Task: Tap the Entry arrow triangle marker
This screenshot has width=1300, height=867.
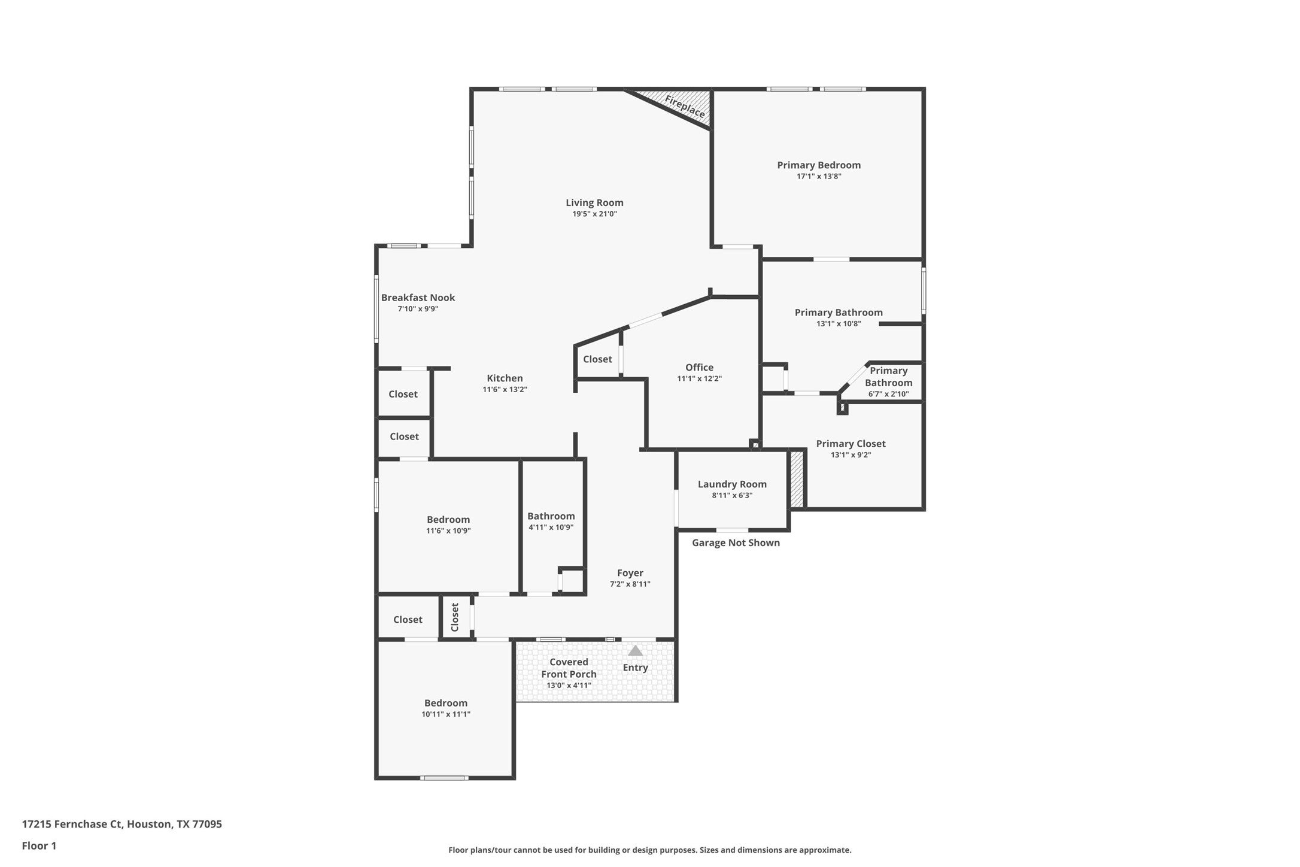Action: coord(635,650)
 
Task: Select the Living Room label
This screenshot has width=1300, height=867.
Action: coord(594,202)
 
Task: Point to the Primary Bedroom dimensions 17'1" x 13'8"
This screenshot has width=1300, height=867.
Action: coord(819,177)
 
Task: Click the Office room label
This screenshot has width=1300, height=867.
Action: coord(699,367)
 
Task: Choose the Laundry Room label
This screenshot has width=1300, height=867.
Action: coord(732,484)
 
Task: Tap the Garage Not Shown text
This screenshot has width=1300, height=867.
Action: coord(736,542)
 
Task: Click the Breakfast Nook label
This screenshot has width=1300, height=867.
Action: coord(418,298)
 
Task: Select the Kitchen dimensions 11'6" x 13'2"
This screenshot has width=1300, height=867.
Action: coord(505,390)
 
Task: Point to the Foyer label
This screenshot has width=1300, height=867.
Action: coord(630,573)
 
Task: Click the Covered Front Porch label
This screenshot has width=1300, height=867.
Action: coord(569,668)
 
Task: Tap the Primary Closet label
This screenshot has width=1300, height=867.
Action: coord(851,444)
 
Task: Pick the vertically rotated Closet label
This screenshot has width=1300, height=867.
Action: coord(454,617)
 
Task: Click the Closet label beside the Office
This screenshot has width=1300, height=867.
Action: coord(597,359)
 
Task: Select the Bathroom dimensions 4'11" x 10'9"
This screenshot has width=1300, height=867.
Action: coord(551,528)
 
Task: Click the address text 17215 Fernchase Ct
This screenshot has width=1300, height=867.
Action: coord(73,824)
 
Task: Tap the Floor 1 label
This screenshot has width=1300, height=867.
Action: coord(39,846)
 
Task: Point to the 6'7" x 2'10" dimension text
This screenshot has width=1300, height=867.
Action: coord(888,394)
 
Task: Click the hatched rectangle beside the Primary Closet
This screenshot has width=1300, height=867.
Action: coord(796,479)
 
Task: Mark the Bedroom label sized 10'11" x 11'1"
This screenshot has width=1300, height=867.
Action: coord(446,703)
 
